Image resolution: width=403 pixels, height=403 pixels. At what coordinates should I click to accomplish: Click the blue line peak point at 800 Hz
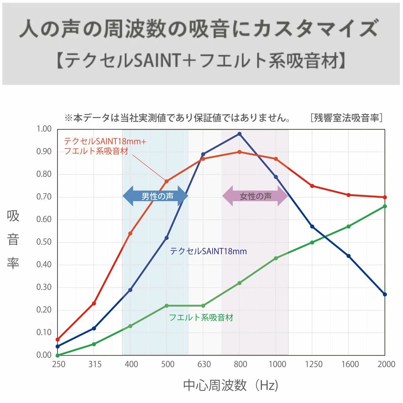pos(239,134)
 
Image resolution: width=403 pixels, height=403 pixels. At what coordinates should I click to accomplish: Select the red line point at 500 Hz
pos(167,181)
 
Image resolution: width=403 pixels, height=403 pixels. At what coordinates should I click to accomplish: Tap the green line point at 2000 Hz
pos(385,206)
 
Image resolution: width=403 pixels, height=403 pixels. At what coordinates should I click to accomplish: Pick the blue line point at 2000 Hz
pos(385,294)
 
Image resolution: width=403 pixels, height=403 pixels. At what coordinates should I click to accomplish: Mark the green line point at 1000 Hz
pos(276,258)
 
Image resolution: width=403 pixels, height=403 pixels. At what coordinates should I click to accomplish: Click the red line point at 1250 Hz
pos(312,186)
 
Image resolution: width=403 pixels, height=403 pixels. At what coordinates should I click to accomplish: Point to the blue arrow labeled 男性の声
pos(155,196)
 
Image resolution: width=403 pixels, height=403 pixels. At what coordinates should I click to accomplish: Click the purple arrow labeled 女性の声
pos(255,196)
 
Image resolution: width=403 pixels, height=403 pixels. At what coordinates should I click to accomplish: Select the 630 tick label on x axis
pos(204,364)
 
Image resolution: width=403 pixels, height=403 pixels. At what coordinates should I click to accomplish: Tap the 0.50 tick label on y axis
pos(44,242)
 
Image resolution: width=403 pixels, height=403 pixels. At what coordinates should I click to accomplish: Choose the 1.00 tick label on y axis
pos(44,129)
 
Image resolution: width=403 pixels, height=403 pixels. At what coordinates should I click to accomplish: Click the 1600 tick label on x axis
pos(350,364)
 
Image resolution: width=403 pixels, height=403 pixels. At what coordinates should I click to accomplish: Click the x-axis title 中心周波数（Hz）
pos(231,385)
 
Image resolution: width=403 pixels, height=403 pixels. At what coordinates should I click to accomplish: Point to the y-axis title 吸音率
pos(13,239)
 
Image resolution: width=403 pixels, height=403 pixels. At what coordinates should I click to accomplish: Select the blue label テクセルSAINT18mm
pos(208,251)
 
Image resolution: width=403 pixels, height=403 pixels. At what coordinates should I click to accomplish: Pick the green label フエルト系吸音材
pos(201,317)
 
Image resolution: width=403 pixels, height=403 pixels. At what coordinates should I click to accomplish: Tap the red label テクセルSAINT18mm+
pos(105,141)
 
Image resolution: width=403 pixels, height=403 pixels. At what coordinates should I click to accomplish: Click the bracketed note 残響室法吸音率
pos(346,118)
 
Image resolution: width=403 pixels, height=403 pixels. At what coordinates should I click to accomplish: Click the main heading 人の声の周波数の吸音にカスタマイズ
pos(199,29)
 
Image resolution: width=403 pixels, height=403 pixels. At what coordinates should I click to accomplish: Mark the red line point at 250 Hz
pos(57,340)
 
